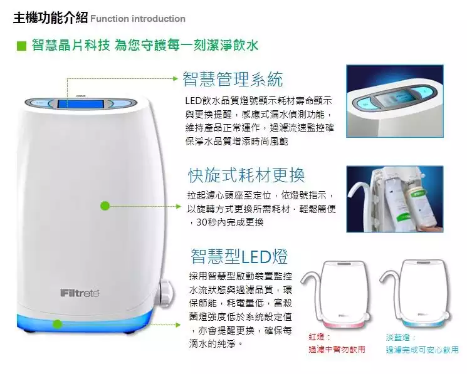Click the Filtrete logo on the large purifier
(x=80, y=293)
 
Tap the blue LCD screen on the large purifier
(x=80, y=104)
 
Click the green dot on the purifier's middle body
(x=105, y=206)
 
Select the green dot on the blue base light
(x=58, y=324)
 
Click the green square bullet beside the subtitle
(x=21, y=46)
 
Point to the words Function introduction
(x=138, y=19)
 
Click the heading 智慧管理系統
(x=233, y=79)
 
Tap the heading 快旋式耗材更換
(x=246, y=175)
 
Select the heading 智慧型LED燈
(x=239, y=256)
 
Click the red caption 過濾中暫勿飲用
(x=337, y=349)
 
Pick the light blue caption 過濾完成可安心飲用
(x=422, y=350)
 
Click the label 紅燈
(x=317, y=337)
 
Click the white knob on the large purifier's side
(x=166, y=293)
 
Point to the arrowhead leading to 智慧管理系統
(x=176, y=78)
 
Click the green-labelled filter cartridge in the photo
(x=419, y=205)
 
